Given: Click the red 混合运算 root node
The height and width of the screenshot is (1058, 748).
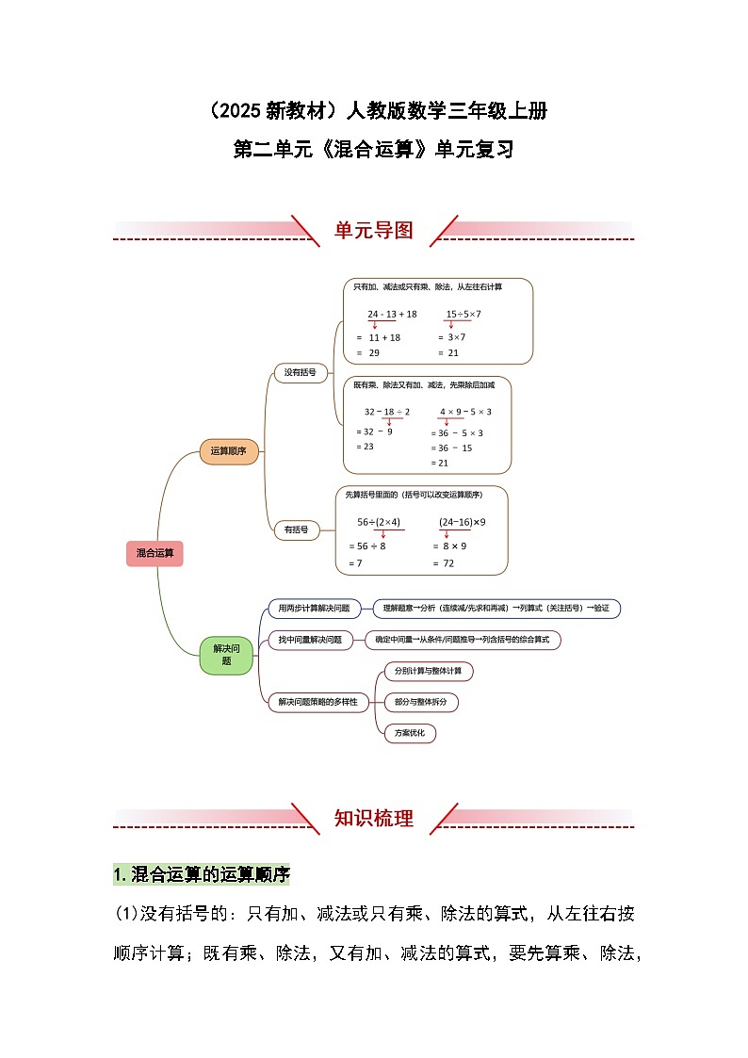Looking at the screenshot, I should (x=154, y=554).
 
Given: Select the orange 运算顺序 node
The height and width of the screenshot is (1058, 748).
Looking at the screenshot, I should (x=229, y=451).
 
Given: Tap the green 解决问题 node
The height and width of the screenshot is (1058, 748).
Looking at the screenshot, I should (x=227, y=655).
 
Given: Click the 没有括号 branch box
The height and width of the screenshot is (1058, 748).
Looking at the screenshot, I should (x=301, y=372).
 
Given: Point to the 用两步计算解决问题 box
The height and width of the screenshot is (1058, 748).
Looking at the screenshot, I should (x=314, y=609).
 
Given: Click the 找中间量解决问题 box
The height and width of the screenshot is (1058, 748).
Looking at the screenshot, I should (x=310, y=641).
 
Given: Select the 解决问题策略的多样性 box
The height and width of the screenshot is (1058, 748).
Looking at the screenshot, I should (x=317, y=702).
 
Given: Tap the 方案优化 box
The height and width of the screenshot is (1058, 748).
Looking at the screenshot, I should (x=410, y=733).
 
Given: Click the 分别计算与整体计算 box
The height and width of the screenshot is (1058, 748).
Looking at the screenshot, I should (x=428, y=672).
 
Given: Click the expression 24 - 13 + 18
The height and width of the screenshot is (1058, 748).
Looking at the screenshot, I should (x=392, y=314).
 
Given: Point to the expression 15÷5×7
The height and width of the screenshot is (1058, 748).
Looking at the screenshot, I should (x=463, y=314).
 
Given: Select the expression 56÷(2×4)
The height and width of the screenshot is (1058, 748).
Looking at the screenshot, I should (x=379, y=522).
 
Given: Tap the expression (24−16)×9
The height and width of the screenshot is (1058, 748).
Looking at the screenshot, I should (x=462, y=522).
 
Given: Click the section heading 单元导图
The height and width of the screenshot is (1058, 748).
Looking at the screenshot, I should (x=374, y=231).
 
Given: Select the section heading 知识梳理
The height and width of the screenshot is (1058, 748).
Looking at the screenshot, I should (x=374, y=819).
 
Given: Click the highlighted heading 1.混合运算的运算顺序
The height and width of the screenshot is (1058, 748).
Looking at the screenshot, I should (x=202, y=875).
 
